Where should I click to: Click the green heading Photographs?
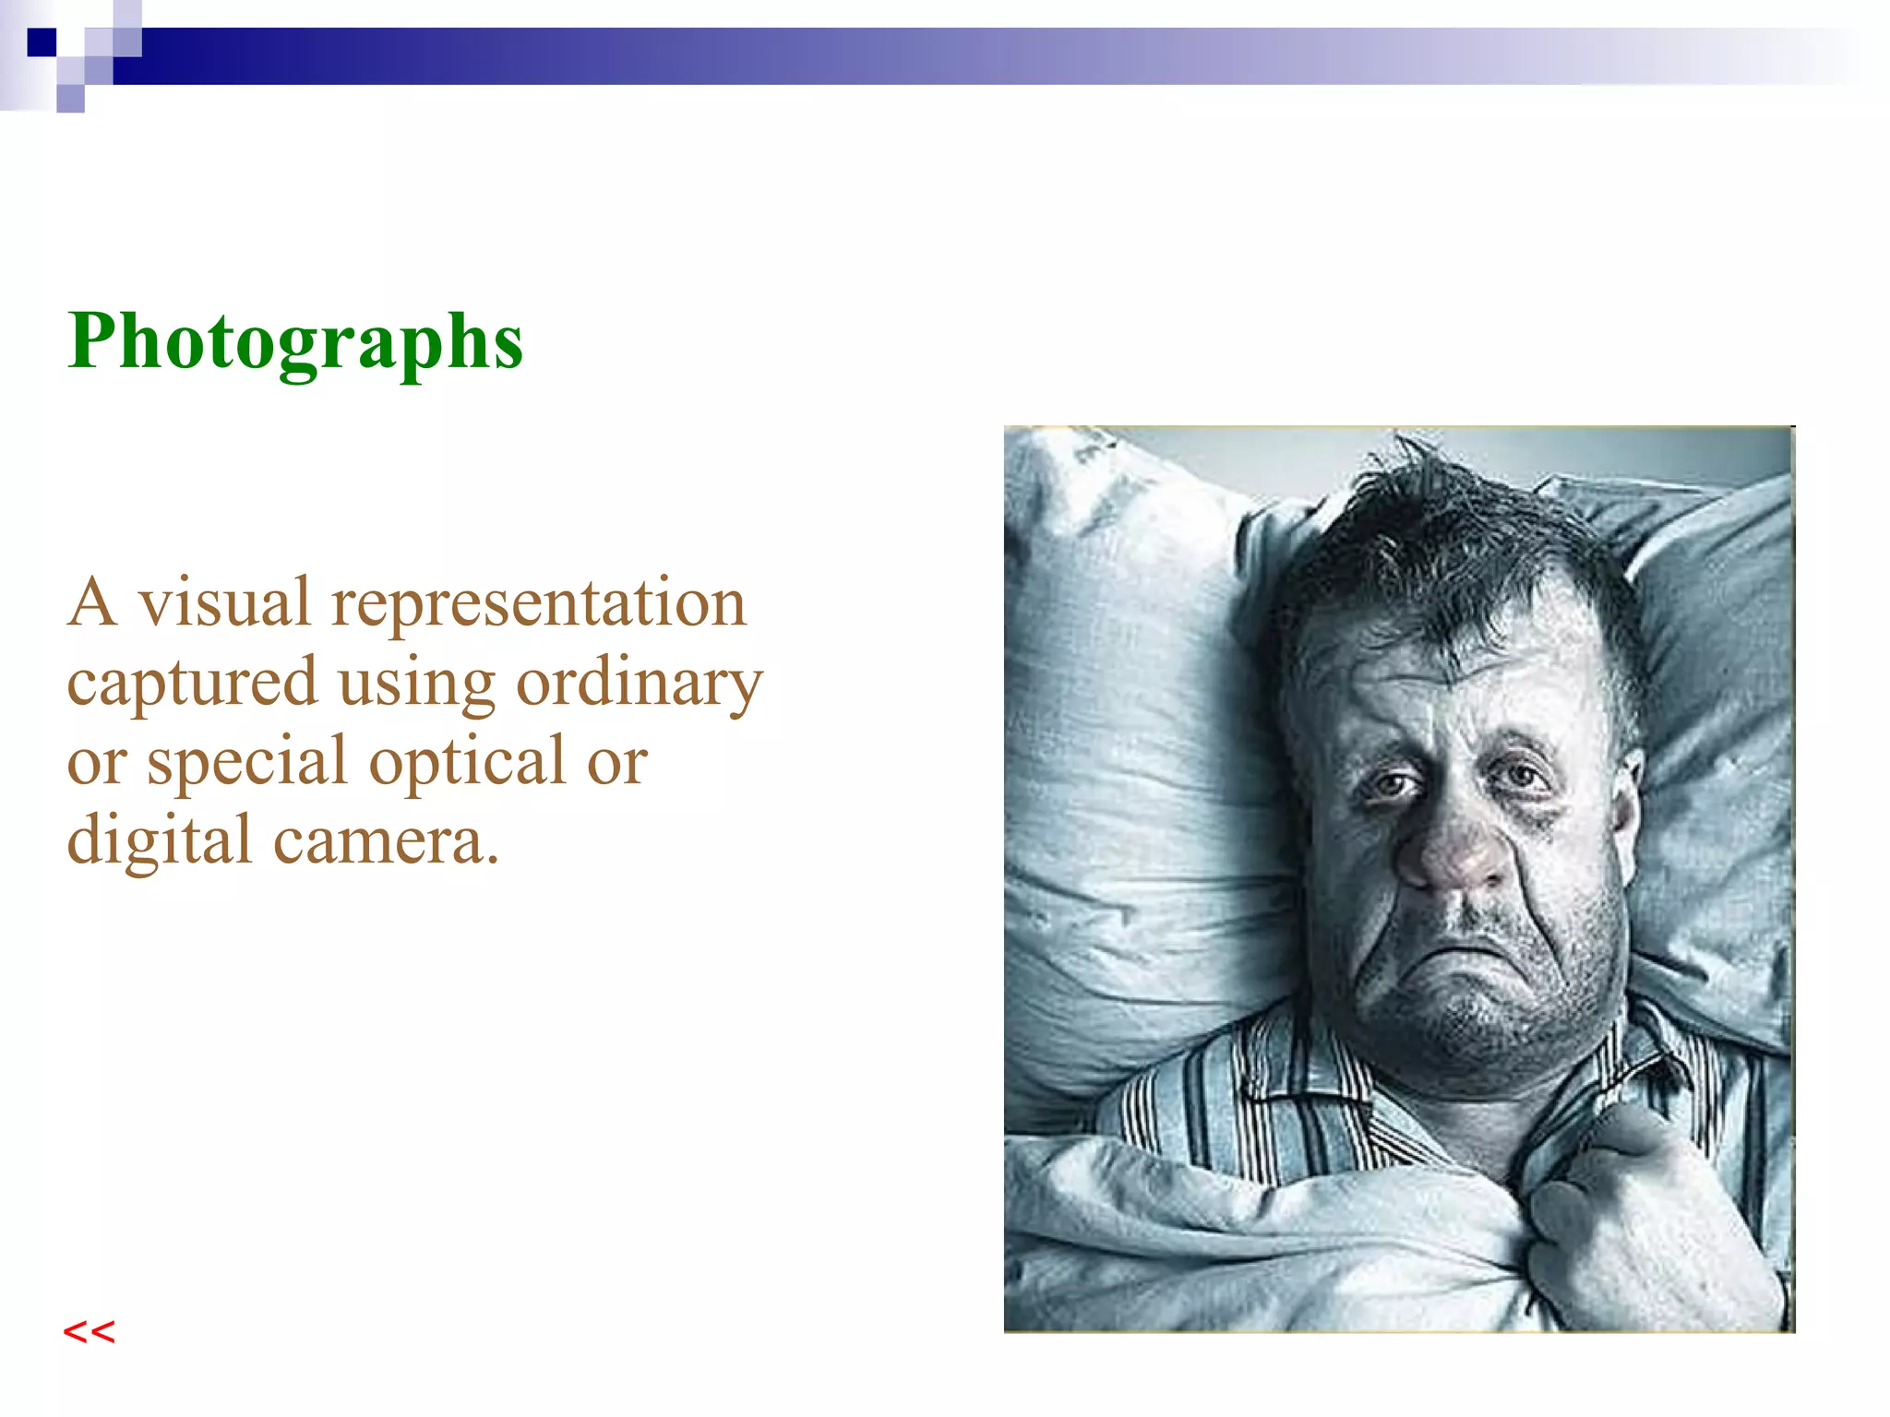coord(295,341)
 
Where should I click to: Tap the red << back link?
coord(89,1332)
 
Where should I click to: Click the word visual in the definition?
coord(224,602)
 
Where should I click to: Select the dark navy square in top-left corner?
coord(42,42)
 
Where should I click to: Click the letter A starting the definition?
coord(92,603)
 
